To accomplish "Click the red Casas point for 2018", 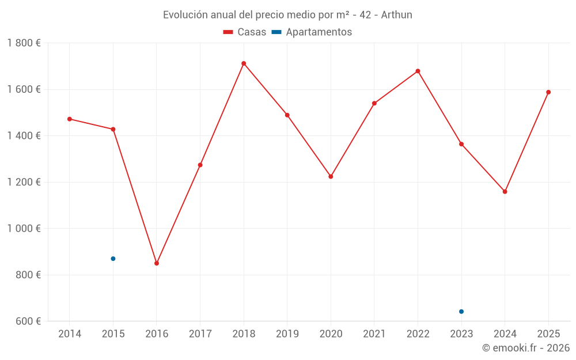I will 244,63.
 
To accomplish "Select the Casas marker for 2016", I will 157,263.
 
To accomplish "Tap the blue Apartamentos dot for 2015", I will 113,259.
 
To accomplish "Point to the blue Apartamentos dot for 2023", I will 461,312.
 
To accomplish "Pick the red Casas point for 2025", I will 548,92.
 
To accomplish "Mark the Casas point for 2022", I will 418,71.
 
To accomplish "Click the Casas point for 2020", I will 331,176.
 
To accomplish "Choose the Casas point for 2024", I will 505,192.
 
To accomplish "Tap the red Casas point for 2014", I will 70,119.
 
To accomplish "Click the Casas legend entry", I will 245,32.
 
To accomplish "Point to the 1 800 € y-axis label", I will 24,43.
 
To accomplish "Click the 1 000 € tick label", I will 24,229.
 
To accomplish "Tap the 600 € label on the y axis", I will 28,321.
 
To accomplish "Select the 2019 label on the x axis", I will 287,334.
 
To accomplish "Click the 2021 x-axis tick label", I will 374,334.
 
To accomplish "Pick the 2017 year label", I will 200,334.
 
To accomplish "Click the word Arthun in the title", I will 397,15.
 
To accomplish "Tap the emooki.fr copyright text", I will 526,348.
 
